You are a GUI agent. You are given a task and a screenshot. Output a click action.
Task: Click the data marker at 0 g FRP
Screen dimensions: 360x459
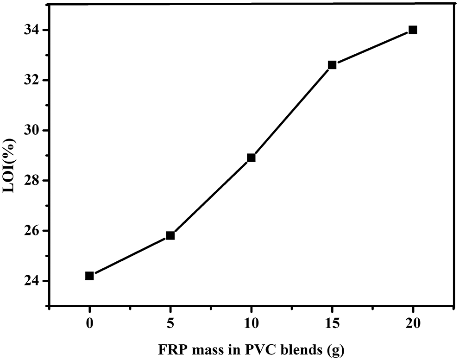pyautogui.click(x=89, y=276)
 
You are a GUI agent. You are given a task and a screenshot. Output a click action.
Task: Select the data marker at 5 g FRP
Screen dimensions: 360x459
pyautogui.click(x=170, y=235)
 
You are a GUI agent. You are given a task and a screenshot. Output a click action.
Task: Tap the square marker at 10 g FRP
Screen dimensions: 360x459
pyautogui.click(x=251, y=158)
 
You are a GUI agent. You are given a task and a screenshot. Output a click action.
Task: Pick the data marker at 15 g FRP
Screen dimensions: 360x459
pyautogui.click(x=332, y=65)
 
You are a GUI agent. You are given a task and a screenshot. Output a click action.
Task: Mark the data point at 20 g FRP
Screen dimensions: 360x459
pyautogui.click(x=413, y=30)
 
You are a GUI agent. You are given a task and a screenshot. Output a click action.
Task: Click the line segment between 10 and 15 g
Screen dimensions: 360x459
pyautogui.click(x=291, y=111)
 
